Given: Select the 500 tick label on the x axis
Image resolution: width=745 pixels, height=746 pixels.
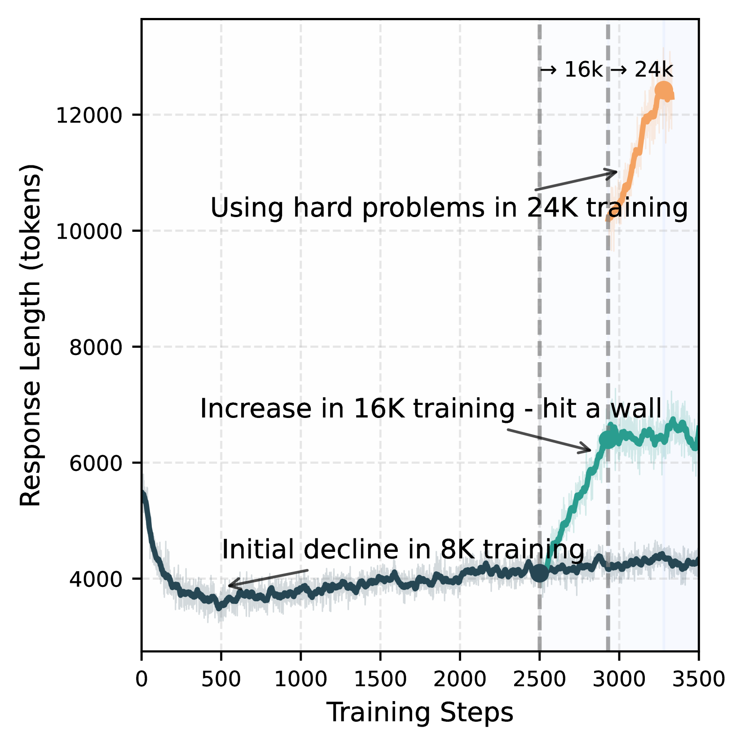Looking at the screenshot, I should tap(221, 679).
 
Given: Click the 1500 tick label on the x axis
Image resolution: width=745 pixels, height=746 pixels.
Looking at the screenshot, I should tap(380, 679).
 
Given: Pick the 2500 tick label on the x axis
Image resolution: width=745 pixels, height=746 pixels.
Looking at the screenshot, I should tap(539, 679).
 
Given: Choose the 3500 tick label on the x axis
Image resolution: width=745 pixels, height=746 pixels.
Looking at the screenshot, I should tap(698, 679).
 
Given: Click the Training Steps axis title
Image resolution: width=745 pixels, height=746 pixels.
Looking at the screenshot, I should tap(419, 713).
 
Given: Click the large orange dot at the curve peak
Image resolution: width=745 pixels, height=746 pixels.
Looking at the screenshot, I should tap(663, 90).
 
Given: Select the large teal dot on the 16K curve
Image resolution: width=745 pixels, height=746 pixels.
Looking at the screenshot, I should tap(608, 439).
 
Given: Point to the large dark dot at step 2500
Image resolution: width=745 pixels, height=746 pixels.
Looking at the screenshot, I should tap(539, 573).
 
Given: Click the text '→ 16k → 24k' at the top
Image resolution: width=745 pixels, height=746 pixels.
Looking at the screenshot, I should tap(606, 70).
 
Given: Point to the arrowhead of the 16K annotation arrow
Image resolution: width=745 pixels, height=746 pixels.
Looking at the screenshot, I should tap(587, 450).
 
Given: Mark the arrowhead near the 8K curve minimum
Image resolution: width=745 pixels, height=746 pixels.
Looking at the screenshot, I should tap(231, 585).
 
